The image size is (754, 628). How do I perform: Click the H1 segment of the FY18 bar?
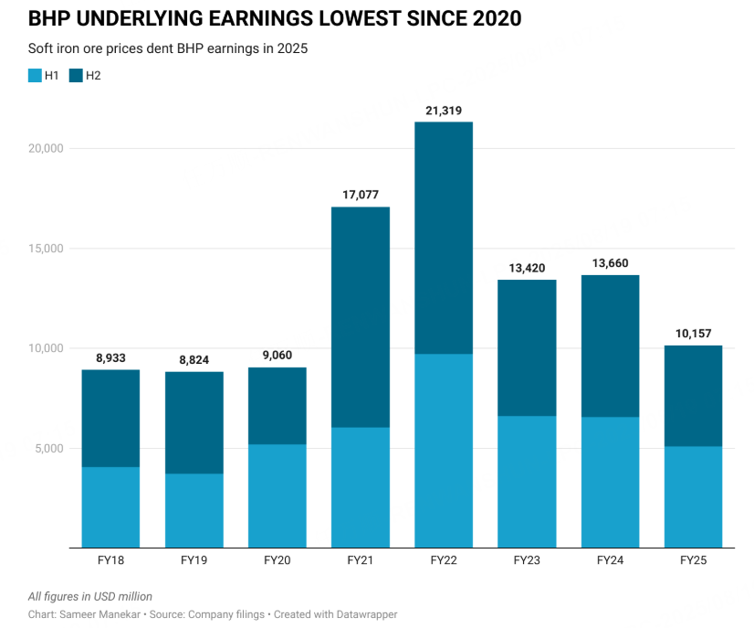pos(110,507)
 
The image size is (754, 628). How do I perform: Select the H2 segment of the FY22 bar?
pos(444,238)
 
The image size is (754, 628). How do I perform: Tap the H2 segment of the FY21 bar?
pos(361,317)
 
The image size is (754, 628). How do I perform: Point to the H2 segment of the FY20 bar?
pos(278,406)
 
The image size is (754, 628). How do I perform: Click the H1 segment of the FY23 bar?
pos(527,482)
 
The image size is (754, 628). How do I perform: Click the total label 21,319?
pos(444,111)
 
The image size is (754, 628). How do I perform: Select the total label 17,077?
pos(361,195)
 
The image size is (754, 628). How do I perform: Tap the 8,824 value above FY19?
pos(194,360)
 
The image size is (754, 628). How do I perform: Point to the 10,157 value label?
pos(693,334)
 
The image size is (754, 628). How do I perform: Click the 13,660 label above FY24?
pos(610,263)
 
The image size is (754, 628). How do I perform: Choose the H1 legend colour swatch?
pos(35,76)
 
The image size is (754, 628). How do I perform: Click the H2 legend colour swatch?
pos(76,76)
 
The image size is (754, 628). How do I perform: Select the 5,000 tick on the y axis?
pos(43,448)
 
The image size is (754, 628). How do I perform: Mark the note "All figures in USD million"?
pos(90,596)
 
